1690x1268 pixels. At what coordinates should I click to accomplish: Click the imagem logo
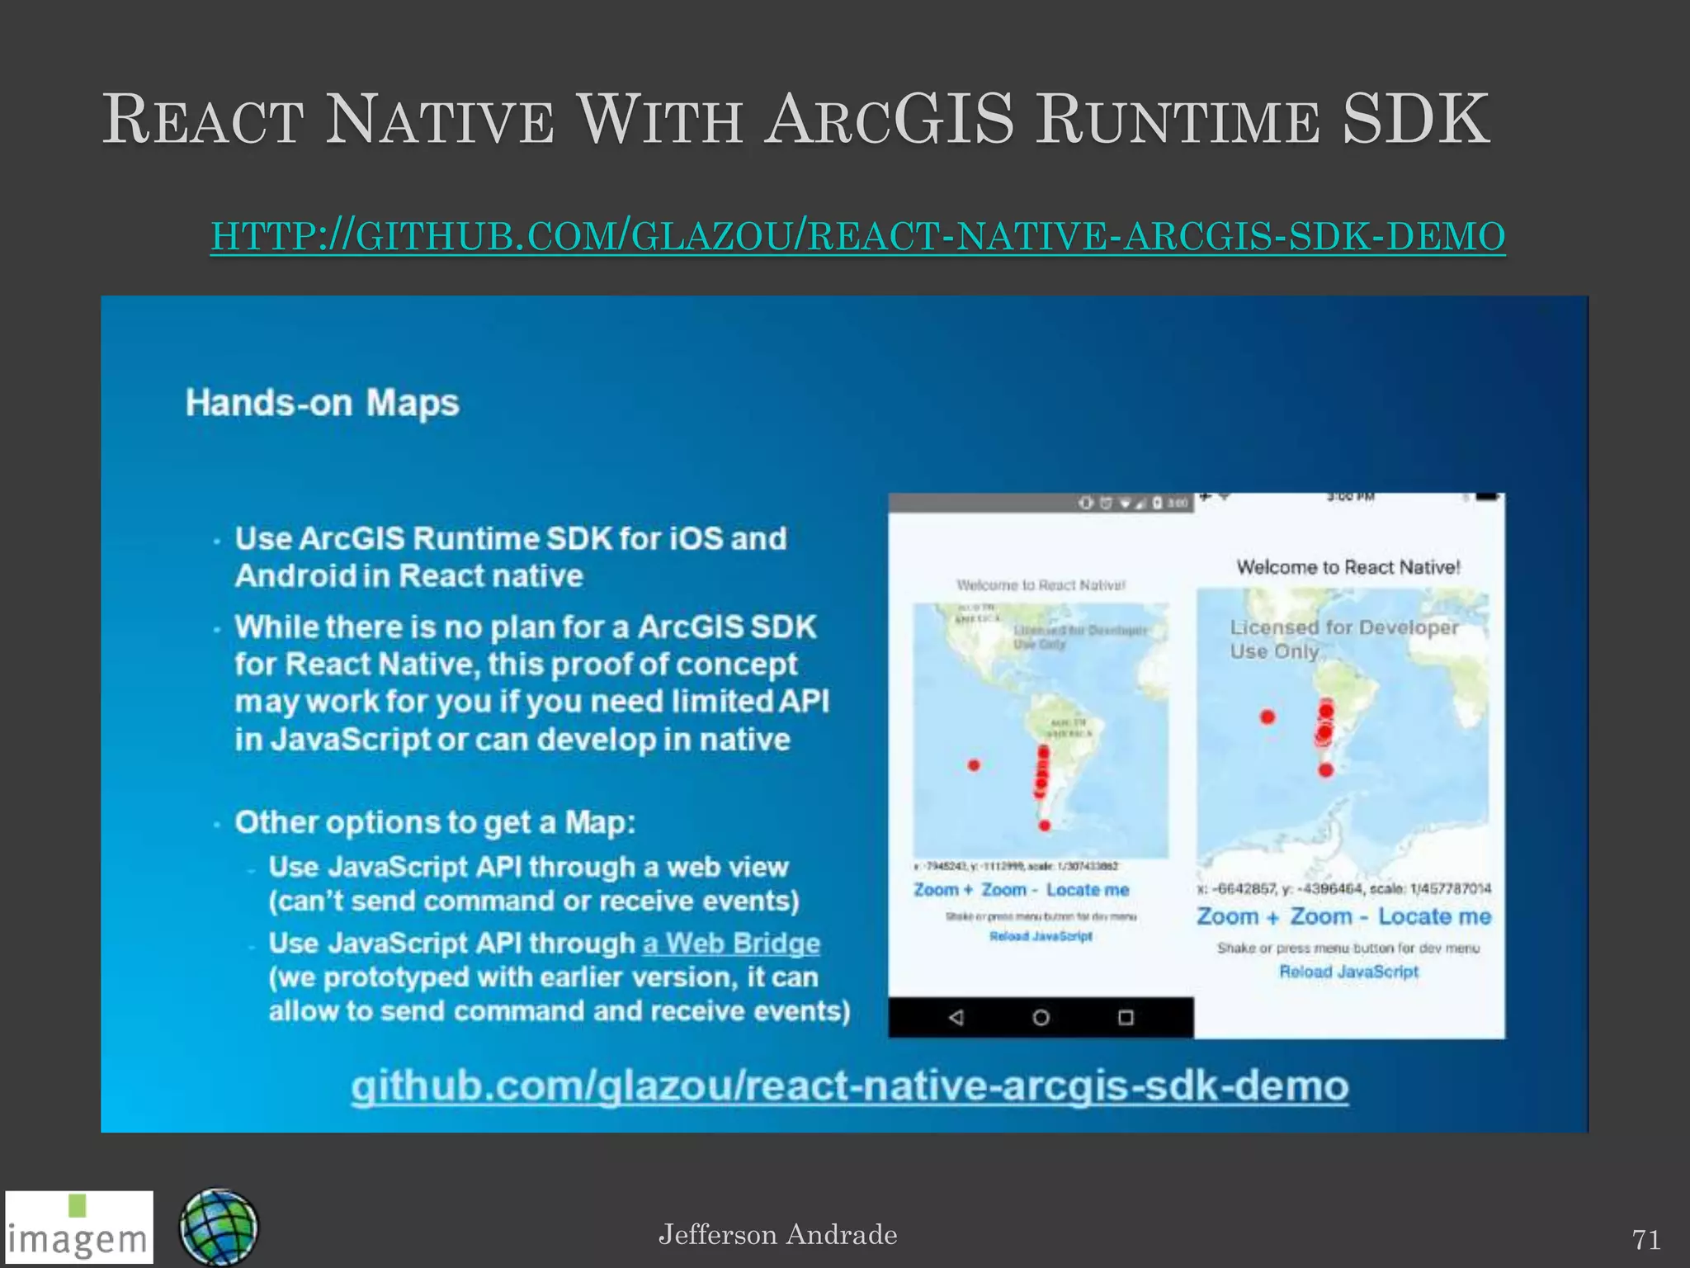pyautogui.click(x=79, y=1228)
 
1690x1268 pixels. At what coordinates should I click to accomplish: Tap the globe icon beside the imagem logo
pyautogui.click(x=219, y=1228)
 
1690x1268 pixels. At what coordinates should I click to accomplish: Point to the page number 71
pyautogui.click(x=1645, y=1240)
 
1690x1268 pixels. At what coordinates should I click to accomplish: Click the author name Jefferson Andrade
pyautogui.click(x=777, y=1235)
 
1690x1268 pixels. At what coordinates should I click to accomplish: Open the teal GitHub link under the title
pyautogui.click(x=857, y=236)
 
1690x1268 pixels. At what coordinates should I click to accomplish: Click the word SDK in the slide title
pyautogui.click(x=1415, y=121)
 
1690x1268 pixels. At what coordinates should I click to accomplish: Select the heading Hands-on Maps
pyautogui.click(x=322, y=404)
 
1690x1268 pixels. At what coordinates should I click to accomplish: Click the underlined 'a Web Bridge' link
pyautogui.click(x=731, y=943)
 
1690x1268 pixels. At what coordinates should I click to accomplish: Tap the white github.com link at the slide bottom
pyautogui.click(x=850, y=1086)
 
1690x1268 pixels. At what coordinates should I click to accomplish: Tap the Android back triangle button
pyautogui.click(x=956, y=1017)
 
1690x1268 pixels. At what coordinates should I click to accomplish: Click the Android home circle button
pyautogui.click(x=1041, y=1017)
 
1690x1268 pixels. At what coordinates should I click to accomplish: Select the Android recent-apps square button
pyautogui.click(x=1126, y=1017)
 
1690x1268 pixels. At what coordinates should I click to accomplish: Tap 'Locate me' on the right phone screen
pyautogui.click(x=1434, y=916)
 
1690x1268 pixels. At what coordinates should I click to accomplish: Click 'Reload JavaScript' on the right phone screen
pyautogui.click(x=1348, y=972)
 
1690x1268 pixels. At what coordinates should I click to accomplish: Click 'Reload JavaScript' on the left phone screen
pyautogui.click(x=1041, y=936)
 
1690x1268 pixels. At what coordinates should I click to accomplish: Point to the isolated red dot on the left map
pyautogui.click(x=974, y=765)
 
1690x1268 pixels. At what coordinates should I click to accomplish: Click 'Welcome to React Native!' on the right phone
pyautogui.click(x=1348, y=567)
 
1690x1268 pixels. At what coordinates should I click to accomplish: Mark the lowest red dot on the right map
pyautogui.click(x=1326, y=770)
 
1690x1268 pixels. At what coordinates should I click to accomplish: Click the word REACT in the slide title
pyautogui.click(x=203, y=121)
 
